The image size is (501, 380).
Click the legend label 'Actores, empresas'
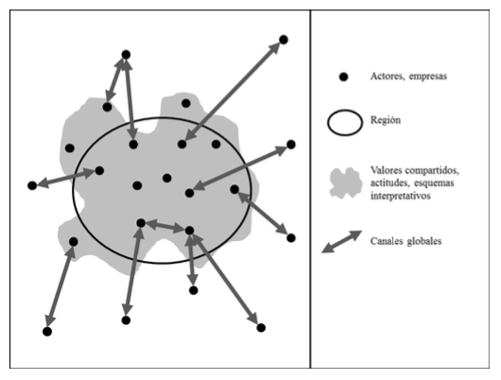pos(408,77)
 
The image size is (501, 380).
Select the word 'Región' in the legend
pos(386,120)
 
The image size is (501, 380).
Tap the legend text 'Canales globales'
pos(406,241)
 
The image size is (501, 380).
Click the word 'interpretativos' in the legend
pos(401,196)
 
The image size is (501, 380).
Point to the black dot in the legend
pos(343,77)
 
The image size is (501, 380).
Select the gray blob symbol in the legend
pos(346,183)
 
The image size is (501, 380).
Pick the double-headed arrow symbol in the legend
pos(341,242)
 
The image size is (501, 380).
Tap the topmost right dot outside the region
pos(284,40)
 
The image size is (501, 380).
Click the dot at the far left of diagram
pos(32,185)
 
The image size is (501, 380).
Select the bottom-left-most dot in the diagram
pos(47,332)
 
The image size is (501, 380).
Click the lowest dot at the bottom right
pos(261,328)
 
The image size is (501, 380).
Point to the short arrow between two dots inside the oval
pos(165,226)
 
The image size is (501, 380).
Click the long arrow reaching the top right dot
pos(233,92)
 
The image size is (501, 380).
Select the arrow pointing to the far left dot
pos(66,178)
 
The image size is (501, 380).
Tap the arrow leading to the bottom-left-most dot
pos(60,286)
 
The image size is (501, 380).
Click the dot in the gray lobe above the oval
pos(186,103)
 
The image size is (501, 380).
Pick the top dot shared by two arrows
pos(127,55)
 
